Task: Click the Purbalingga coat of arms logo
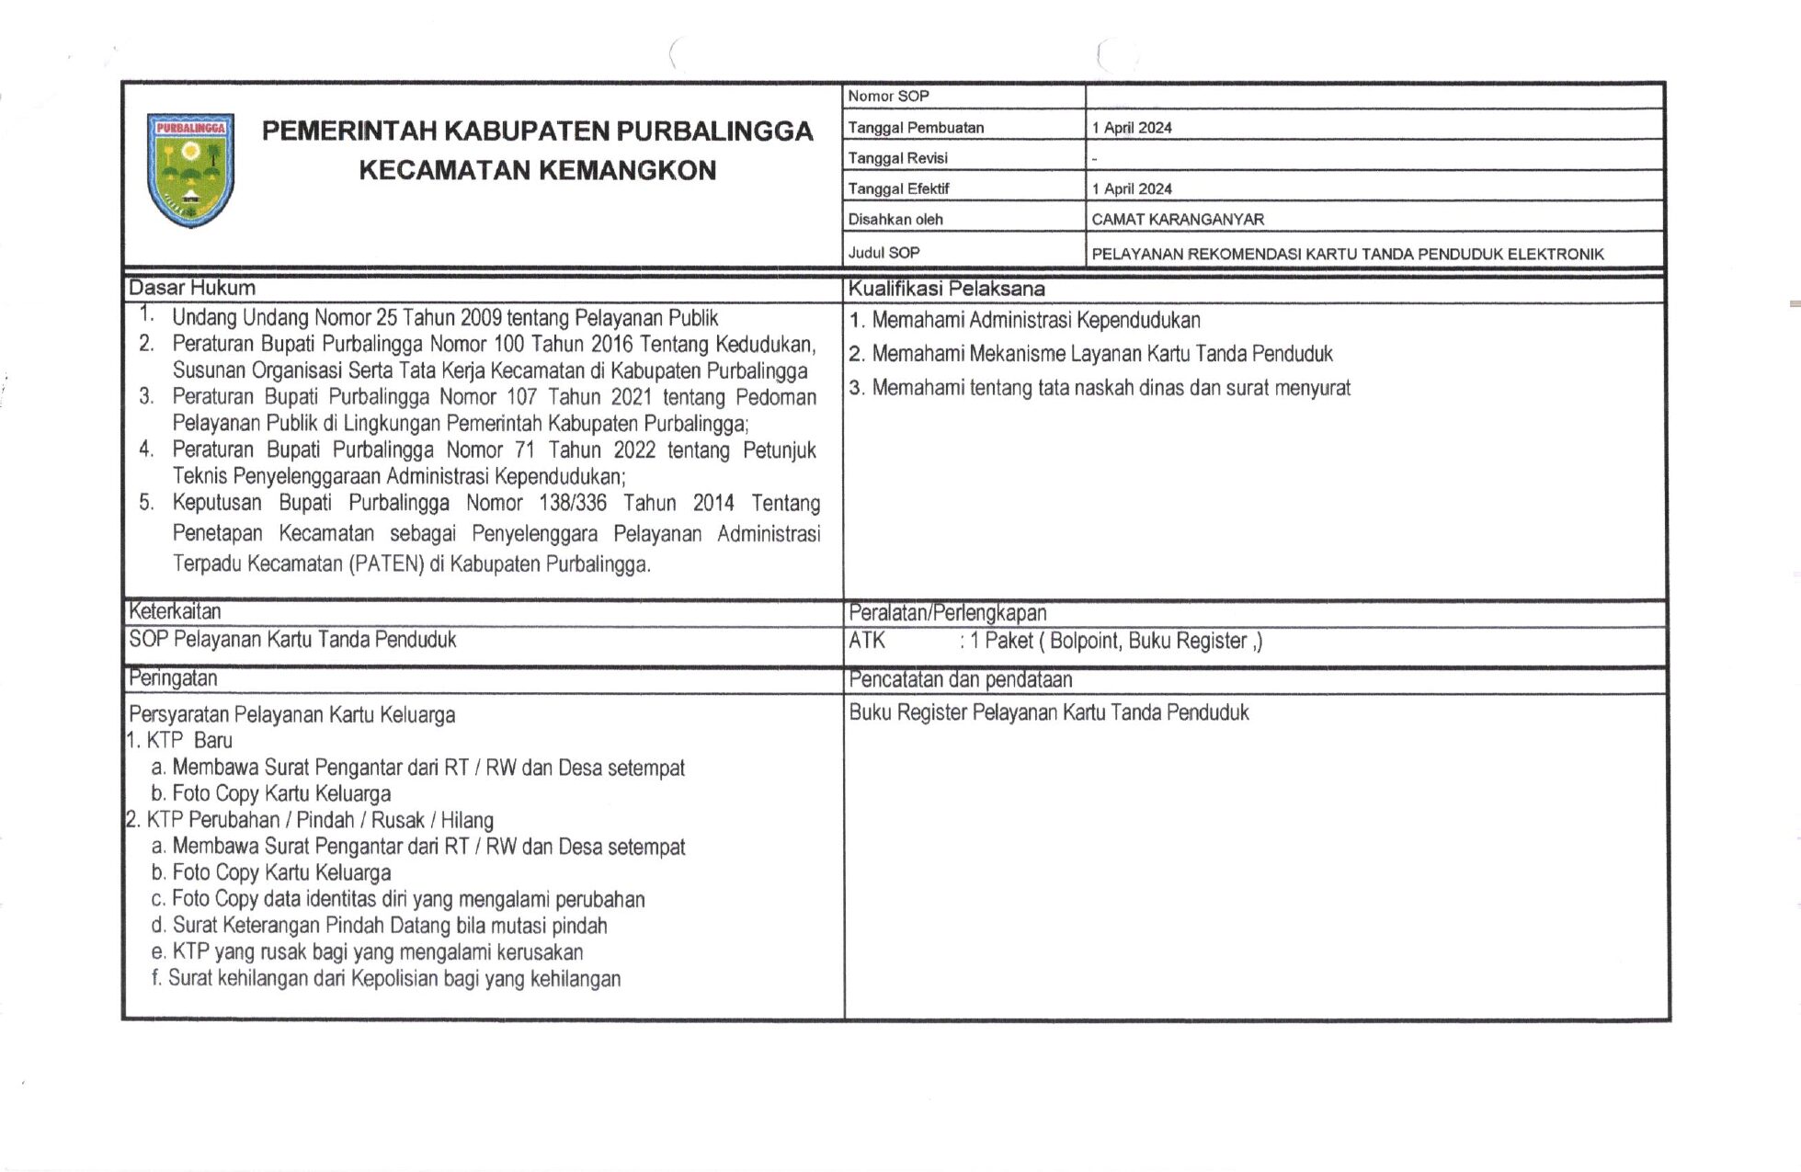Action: coord(191,170)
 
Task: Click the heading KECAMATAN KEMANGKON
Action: coord(537,171)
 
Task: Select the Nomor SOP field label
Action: coord(888,97)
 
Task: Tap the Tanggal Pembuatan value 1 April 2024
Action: coord(1132,128)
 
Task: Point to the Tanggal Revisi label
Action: coord(897,158)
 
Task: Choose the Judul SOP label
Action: coord(883,253)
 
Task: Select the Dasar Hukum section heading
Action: coord(192,288)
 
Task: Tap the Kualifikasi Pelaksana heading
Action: coord(946,289)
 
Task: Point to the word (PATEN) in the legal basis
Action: coord(386,563)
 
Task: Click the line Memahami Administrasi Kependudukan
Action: coord(1035,321)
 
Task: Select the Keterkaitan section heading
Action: coord(175,611)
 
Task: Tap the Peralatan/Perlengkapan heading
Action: coord(947,613)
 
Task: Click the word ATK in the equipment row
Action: coord(867,641)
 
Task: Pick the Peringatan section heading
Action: coord(173,678)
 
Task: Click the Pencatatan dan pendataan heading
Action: coord(960,680)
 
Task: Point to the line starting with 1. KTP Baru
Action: coord(179,741)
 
